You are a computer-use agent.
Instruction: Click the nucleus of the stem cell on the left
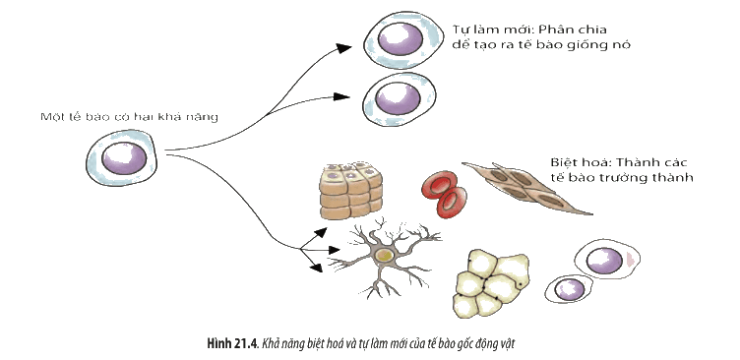[x=124, y=158]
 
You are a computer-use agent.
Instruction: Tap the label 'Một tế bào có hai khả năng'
[x=129, y=117]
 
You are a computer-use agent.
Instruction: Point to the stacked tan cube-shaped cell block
[x=350, y=191]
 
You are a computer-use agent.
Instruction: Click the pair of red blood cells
[x=444, y=194]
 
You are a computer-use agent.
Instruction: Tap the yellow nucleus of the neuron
[x=385, y=256]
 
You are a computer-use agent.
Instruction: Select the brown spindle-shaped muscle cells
[x=526, y=188]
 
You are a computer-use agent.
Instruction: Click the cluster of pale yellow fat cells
[x=491, y=283]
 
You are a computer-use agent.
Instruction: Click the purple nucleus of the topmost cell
[x=401, y=38]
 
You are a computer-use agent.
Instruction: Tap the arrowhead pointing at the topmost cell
[x=343, y=48]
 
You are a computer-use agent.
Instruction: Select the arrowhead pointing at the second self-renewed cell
[x=341, y=96]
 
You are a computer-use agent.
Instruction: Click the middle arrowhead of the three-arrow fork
[x=334, y=250]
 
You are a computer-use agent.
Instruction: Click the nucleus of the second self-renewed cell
[x=399, y=98]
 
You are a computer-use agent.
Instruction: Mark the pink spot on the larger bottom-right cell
[x=631, y=259]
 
